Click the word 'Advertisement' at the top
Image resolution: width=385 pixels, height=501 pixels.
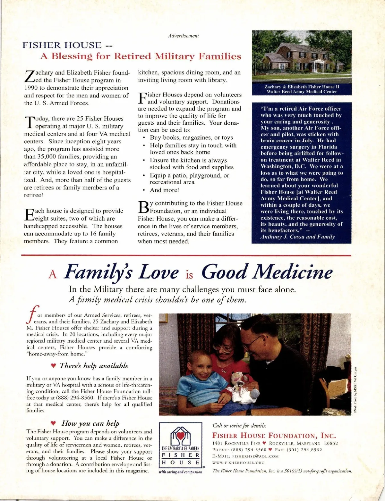(x=183, y=36)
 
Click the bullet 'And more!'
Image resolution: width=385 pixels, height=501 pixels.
(x=164, y=190)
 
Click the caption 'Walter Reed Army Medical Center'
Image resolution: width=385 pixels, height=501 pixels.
(x=302, y=92)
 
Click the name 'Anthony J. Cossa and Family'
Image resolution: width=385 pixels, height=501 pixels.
(x=297, y=237)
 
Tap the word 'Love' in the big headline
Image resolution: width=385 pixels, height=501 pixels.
(x=158, y=272)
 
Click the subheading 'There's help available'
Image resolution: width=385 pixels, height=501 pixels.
(x=94, y=366)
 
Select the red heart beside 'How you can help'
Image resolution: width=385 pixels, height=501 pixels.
(x=54, y=423)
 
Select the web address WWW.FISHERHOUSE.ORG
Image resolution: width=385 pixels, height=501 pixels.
(x=238, y=463)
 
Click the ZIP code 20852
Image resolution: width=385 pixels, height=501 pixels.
(x=331, y=443)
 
